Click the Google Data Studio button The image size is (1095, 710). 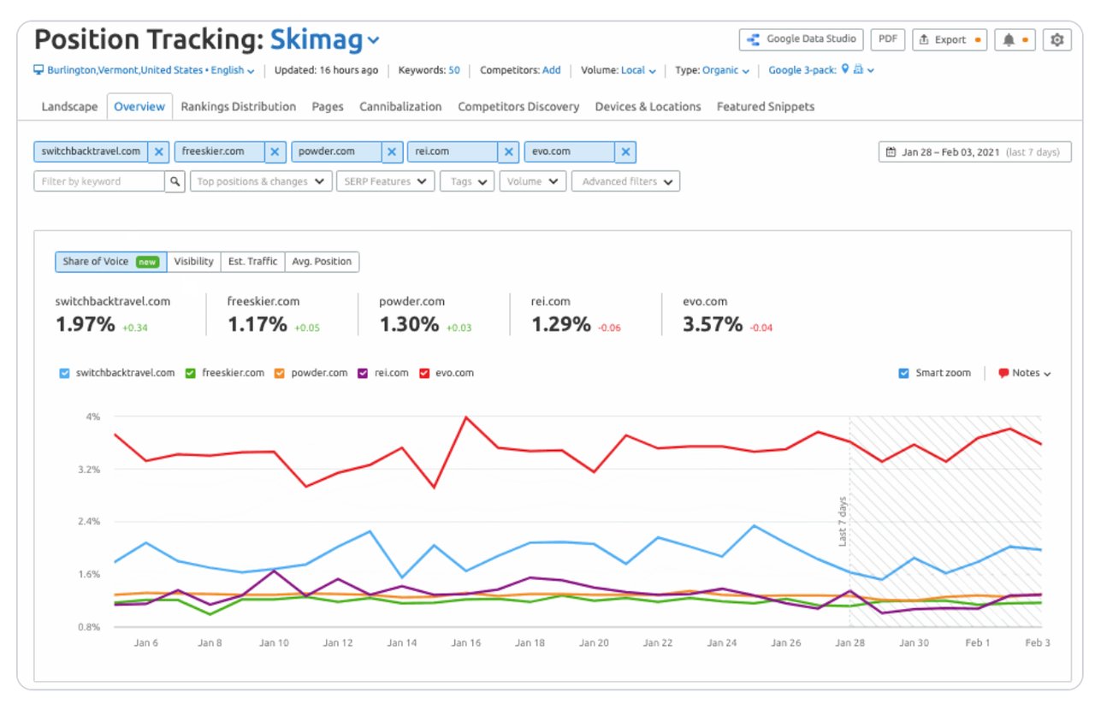point(801,39)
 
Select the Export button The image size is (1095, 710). point(949,39)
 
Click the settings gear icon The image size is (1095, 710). point(1057,39)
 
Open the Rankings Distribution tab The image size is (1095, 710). point(238,107)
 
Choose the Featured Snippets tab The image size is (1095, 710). point(765,107)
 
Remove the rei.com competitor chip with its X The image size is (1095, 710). point(508,152)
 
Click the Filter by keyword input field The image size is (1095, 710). point(99,181)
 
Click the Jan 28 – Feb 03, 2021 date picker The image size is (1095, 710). point(974,152)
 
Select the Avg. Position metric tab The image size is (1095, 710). point(322,262)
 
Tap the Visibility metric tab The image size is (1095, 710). point(193,262)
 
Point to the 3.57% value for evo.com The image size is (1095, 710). point(712,325)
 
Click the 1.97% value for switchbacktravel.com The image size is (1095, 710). point(85,325)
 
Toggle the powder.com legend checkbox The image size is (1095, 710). point(280,373)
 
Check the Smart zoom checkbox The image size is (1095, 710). point(904,373)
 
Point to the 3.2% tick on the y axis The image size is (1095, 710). point(91,470)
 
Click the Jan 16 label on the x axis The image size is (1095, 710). point(466,643)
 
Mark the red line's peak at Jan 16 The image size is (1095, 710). point(465,417)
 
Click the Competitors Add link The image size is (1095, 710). point(551,70)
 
